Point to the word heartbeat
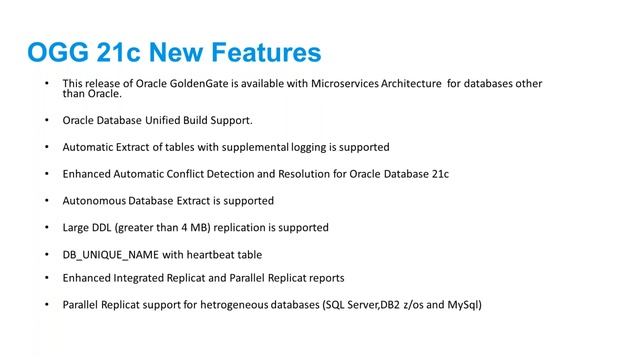pyautogui.click(x=218, y=255)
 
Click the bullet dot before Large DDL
pyautogui.click(x=46, y=228)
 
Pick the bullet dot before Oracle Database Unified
pyautogui.click(x=46, y=121)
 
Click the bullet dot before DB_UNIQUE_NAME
pyautogui.click(x=46, y=255)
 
